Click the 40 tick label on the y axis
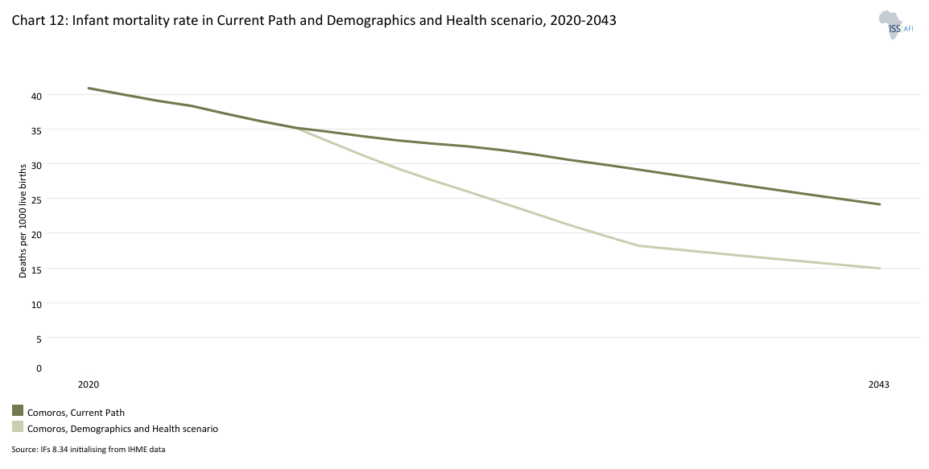tap(35, 96)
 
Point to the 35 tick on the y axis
tap(35, 130)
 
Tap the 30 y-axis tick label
tap(35, 165)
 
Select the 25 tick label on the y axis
tap(35, 200)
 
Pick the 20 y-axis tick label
tap(35, 234)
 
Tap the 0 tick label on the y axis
tap(38, 368)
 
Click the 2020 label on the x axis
tap(89, 385)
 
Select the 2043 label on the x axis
tap(879, 385)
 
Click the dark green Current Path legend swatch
tap(18, 411)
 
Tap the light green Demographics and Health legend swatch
tap(18, 427)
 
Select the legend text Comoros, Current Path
tap(76, 413)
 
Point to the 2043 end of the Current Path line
tap(880, 204)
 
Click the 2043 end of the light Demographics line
tap(880, 268)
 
